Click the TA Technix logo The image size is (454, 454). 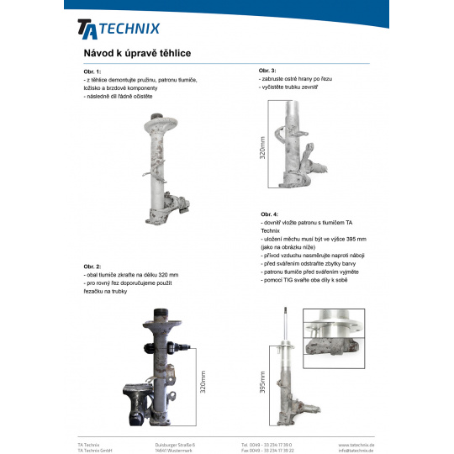click(x=119, y=29)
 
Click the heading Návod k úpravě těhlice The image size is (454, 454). click(x=137, y=53)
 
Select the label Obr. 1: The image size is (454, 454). click(x=92, y=71)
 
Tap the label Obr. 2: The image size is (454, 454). click(x=92, y=267)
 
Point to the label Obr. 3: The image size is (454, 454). click(x=267, y=71)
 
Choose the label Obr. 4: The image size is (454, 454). click(x=269, y=214)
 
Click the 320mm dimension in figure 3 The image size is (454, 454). click(x=262, y=148)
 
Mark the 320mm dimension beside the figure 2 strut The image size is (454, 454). click(x=203, y=382)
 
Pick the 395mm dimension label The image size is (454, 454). click(x=262, y=383)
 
